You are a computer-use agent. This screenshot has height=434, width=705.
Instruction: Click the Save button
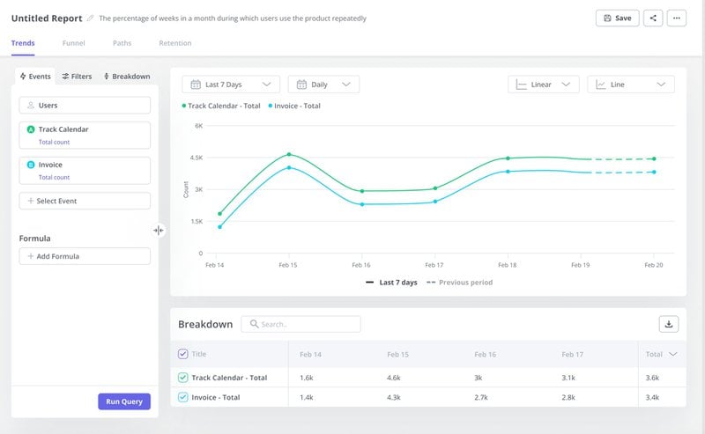tap(617, 18)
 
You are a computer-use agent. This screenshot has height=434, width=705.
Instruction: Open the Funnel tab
tap(74, 43)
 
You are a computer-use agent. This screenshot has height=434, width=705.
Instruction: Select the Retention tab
tap(174, 43)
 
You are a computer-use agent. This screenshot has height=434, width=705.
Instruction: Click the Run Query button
tap(124, 401)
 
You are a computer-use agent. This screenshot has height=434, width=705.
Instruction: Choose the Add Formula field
tap(85, 256)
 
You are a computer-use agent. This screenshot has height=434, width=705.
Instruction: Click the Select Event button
tap(85, 201)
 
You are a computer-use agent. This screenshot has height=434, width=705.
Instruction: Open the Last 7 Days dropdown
tap(231, 85)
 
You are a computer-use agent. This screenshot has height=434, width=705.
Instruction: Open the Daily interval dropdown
tap(323, 85)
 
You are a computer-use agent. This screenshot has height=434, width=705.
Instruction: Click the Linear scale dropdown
tap(543, 85)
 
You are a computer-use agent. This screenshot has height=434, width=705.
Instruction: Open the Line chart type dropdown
tap(630, 85)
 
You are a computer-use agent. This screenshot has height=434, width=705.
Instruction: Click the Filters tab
tap(77, 77)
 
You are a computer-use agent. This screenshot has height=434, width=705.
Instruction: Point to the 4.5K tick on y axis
tap(197, 158)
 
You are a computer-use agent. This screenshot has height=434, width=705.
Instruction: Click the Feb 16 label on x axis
tap(360, 264)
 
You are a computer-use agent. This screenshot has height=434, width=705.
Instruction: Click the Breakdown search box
tap(301, 324)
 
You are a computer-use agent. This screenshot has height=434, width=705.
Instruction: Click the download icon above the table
tap(669, 324)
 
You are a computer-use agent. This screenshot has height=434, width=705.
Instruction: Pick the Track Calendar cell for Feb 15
tap(395, 378)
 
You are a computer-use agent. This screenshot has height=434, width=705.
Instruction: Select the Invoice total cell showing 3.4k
tap(653, 397)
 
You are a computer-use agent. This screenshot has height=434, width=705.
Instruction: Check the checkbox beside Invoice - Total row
tap(183, 397)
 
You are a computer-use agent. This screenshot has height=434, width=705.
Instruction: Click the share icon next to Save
tap(653, 18)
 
